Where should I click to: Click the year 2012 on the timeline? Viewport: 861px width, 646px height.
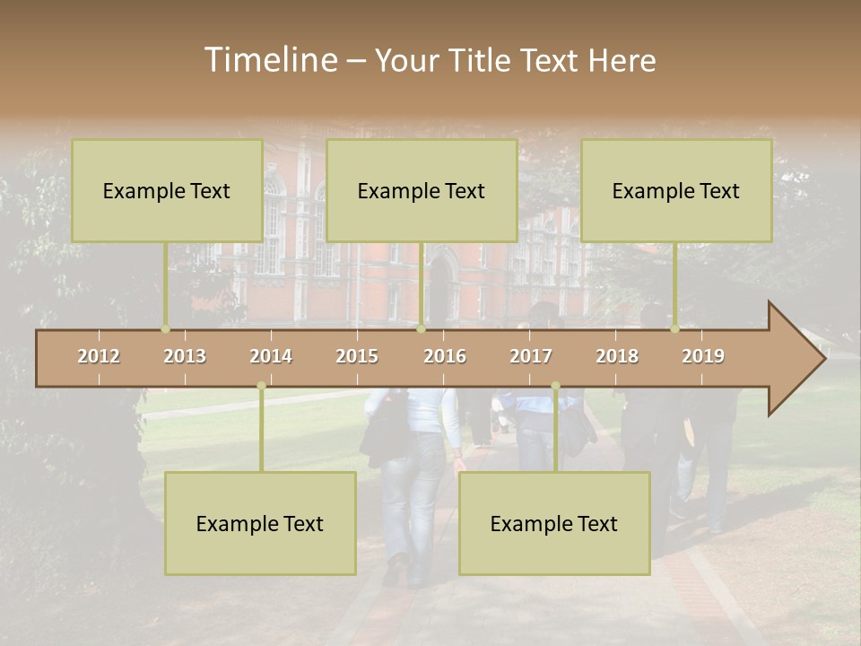[x=99, y=356]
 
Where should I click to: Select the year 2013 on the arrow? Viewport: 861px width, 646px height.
[x=185, y=356]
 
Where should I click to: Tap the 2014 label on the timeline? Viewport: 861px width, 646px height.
[x=271, y=356]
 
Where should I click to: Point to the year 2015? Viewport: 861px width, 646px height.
[x=357, y=356]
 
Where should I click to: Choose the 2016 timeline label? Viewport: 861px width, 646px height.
[x=445, y=356]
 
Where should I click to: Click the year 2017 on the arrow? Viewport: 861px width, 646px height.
[x=531, y=356]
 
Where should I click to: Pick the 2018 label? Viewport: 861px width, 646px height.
[x=617, y=356]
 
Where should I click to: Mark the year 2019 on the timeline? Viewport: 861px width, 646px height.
[x=703, y=356]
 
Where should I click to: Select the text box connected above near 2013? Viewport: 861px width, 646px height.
[x=166, y=190]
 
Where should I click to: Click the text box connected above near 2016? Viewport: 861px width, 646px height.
[x=421, y=190]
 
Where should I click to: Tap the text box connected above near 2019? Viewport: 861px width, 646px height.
[x=675, y=190]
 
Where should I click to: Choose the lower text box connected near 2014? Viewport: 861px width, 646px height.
[x=260, y=523]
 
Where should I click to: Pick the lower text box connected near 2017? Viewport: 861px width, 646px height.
[x=553, y=523]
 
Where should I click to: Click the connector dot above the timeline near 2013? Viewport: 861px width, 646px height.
[x=165, y=329]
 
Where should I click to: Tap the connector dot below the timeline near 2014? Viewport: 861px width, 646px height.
[x=261, y=386]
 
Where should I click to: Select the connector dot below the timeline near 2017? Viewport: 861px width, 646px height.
[x=555, y=386]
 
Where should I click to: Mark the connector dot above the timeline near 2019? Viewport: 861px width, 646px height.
[x=675, y=329]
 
